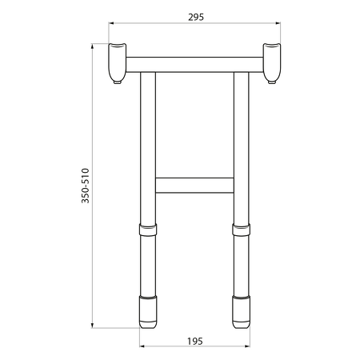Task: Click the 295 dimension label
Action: click(x=196, y=18)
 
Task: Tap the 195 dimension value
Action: click(x=195, y=342)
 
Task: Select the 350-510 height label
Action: click(x=86, y=186)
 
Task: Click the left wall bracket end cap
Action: click(x=117, y=62)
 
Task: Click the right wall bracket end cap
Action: click(x=272, y=62)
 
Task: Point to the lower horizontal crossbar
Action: click(x=194, y=185)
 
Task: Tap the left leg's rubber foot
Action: click(x=148, y=312)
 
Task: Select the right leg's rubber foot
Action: click(x=241, y=312)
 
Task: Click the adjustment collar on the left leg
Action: click(x=148, y=230)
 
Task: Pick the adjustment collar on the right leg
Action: click(x=241, y=230)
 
